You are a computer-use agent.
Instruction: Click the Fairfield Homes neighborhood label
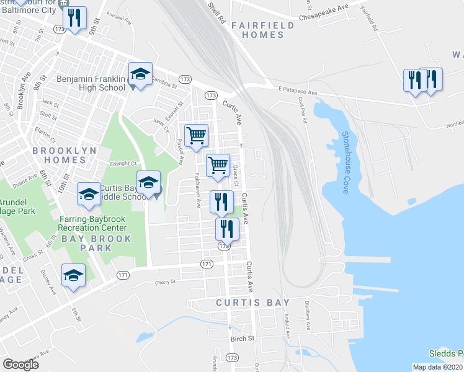[257, 30]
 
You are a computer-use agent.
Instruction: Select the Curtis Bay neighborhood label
[252, 303]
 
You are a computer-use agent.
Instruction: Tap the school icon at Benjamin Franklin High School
[141, 75]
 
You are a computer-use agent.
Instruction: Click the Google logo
[20, 365]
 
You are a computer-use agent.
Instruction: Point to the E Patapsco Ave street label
[297, 91]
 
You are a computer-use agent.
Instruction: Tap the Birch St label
[243, 339]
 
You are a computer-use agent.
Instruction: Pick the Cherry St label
[166, 282]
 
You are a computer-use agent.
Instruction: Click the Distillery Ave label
[308, 314]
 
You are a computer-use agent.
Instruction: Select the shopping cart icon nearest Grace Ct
[218, 166]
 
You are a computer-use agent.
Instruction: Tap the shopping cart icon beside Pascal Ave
[196, 135]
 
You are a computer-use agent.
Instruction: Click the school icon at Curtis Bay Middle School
[148, 183]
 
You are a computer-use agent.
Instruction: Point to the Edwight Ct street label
[124, 164]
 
